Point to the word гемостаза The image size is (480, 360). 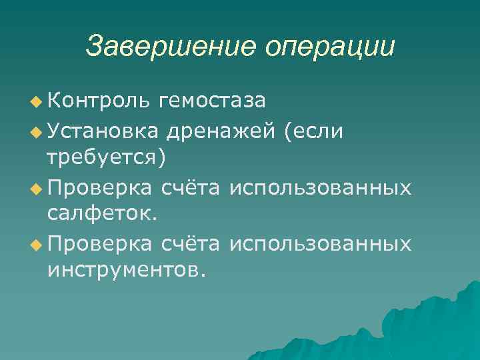coord(213,101)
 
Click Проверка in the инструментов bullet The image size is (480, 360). coord(101,244)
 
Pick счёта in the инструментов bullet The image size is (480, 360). coord(192,243)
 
